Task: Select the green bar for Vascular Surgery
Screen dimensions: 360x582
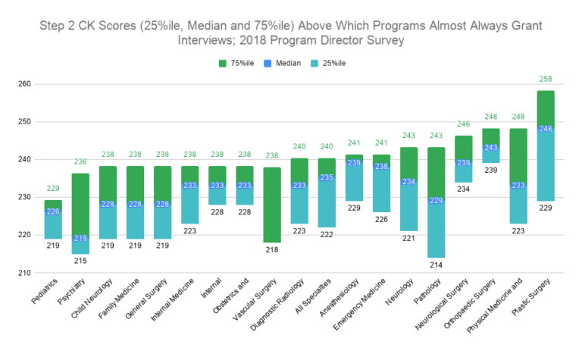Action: [271, 205]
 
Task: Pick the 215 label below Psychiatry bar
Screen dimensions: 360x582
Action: [81, 261]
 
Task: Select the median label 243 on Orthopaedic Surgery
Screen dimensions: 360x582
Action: [491, 148]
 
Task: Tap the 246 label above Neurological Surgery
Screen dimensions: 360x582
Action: [464, 124]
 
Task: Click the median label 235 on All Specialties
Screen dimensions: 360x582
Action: [327, 178]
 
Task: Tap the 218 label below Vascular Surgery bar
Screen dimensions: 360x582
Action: [271, 250]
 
